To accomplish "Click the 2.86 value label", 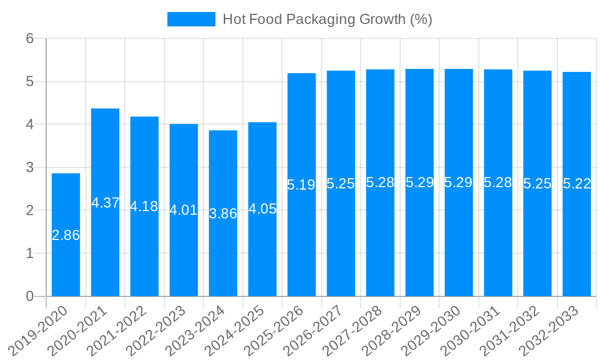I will (x=66, y=235).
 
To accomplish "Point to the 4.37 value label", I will (x=105, y=203).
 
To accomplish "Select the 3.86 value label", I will (x=223, y=214).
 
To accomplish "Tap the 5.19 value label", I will (x=301, y=185).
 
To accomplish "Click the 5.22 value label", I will (x=577, y=184).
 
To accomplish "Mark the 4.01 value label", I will (x=184, y=210).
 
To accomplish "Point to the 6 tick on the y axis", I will (x=29, y=39).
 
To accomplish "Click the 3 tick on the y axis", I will (x=29, y=167).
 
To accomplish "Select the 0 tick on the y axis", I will (x=29, y=296).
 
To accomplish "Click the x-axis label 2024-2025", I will (x=242, y=329).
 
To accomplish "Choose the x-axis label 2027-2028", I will (x=360, y=329).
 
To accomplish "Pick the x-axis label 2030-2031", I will (x=478, y=329).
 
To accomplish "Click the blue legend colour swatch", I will (x=191, y=19).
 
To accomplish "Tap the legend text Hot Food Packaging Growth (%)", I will (x=327, y=19).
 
